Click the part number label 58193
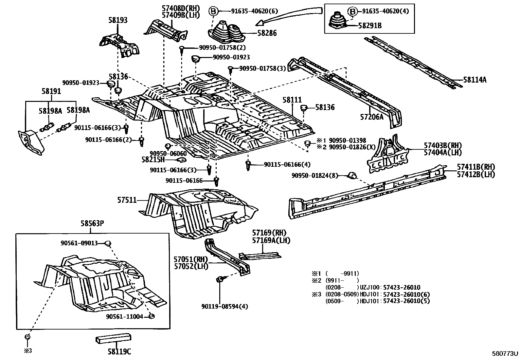click(x=118, y=20)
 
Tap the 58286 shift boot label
click(x=267, y=33)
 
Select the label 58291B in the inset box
click(x=370, y=25)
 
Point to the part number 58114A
click(x=475, y=80)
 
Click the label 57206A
click(x=372, y=117)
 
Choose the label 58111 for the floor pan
click(x=292, y=100)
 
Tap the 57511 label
click(x=127, y=200)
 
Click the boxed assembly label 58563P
click(x=92, y=223)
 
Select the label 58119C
click(x=119, y=351)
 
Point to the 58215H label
click(x=153, y=160)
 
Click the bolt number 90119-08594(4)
click(x=225, y=307)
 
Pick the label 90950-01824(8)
click(x=315, y=176)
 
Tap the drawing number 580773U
click(x=505, y=354)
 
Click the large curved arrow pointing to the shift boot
click(x=288, y=14)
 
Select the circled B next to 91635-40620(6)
click(x=213, y=11)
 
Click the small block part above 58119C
click(x=113, y=339)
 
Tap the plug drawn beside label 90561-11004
click(x=152, y=316)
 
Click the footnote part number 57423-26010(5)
click(x=406, y=301)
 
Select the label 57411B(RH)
click(x=476, y=167)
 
